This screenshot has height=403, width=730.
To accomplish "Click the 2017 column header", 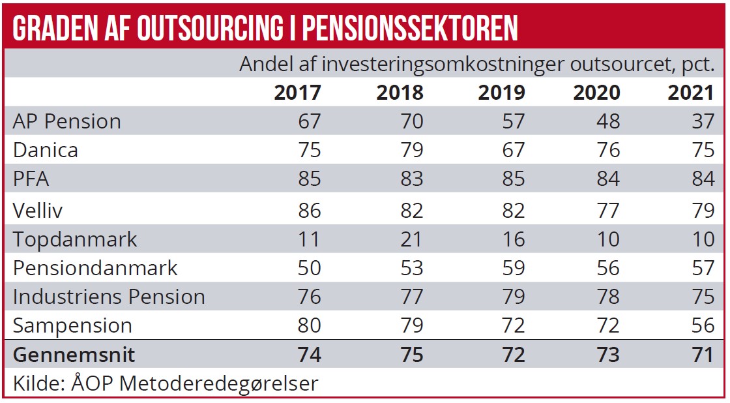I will click(297, 93).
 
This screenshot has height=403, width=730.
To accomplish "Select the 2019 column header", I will click(501, 93).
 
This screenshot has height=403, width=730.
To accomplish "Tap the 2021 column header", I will click(691, 93).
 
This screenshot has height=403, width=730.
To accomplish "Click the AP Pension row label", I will click(67, 121).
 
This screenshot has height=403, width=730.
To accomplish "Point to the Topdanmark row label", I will click(76, 239).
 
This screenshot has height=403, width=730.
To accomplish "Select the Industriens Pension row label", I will click(109, 297).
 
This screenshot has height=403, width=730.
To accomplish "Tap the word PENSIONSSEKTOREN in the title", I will click(411, 27).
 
